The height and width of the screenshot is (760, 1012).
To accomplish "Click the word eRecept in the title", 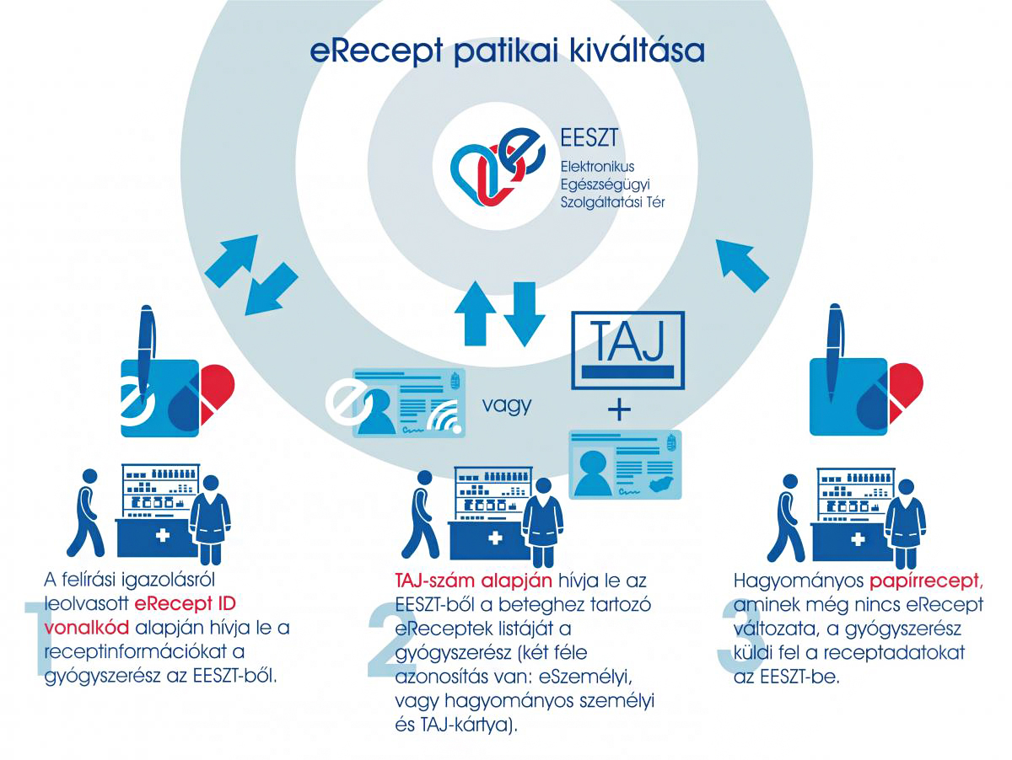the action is [x=376, y=51].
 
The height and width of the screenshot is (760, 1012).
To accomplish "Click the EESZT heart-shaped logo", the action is [x=497, y=167].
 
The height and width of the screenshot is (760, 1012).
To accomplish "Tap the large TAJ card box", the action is [x=627, y=350].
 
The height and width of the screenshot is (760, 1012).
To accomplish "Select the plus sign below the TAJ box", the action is [x=619, y=410].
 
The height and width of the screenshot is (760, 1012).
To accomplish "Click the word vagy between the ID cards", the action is [x=506, y=405].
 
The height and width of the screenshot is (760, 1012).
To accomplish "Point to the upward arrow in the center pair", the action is [x=475, y=313].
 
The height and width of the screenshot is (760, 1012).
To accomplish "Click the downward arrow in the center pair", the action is [x=525, y=314].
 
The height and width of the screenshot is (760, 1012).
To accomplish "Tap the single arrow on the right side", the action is [x=741, y=265].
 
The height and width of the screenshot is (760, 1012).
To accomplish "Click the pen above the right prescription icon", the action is [x=836, y=353].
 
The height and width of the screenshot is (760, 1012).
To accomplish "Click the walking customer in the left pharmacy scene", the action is [x=87, y=512].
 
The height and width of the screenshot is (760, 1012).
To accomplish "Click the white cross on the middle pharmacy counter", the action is [x=495, y=538].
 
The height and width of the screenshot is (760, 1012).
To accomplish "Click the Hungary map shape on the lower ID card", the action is [x=660, y=484].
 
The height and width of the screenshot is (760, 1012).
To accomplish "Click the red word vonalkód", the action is [x=87, y=629].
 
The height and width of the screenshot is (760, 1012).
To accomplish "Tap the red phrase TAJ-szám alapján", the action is [x=473, y=581].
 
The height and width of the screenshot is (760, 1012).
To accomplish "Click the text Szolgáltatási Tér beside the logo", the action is [x=612, y=202].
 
